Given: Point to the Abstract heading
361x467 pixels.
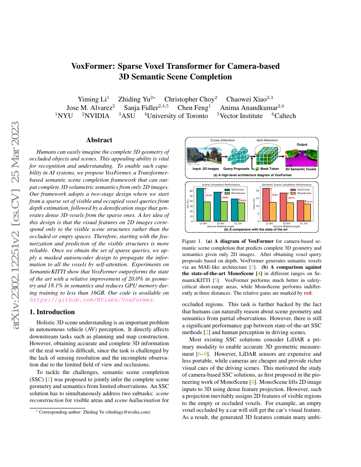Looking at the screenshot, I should click(x=99, y=140).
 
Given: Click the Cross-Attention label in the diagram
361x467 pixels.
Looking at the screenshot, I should click(x=222, y=140).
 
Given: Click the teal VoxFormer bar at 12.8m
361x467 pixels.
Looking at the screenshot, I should click(x=200, y=204).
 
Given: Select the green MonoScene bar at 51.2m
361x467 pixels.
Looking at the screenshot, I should click(x=241, y=211).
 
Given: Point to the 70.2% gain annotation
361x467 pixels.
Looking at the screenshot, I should click(x=209, y=195).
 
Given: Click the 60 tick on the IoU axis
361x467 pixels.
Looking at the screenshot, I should click(x=191, y=191).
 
